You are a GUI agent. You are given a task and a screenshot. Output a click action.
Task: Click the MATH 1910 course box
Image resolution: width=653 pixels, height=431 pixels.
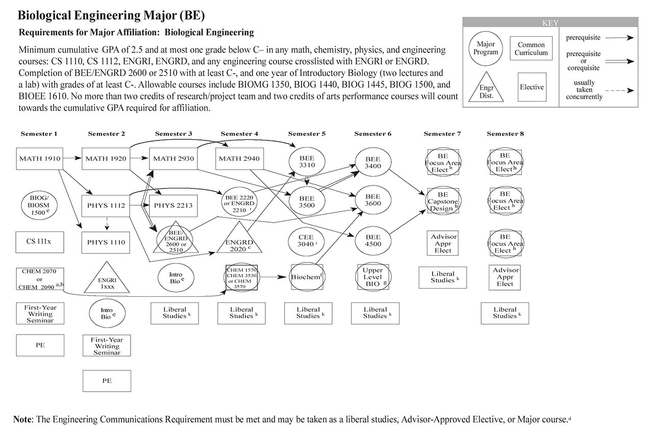pyautogui.click(x=40, y=159)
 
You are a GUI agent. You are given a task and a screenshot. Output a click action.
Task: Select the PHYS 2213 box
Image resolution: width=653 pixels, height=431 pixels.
pyautogui.click(x=173, y=206)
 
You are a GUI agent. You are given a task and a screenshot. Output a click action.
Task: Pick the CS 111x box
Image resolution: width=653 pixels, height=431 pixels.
pyautogui.click(x=40, y=242)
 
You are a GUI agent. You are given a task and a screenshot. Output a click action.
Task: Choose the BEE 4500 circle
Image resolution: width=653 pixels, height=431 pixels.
pyautogui.click(x=373, y=241)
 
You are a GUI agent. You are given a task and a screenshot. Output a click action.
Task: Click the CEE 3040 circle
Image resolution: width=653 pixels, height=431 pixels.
pyautogui.click(x=308, y=241)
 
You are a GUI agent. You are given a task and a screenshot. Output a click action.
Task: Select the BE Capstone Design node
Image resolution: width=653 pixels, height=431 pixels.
pyautogui.click(x=443, y=201)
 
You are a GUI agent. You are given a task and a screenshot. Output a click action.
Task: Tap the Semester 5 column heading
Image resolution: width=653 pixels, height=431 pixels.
pyautogui.click(x=307, y=134)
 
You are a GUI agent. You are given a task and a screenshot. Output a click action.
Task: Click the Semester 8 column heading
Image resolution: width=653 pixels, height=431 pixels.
pyautogui.click(x=506, y=134)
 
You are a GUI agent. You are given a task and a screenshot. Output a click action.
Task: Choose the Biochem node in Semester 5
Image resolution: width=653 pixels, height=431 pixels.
pyautogui.click(x=308, y=277)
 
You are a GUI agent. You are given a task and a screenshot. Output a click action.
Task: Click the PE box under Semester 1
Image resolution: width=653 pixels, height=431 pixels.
pyautogui.click(x=40, y=345)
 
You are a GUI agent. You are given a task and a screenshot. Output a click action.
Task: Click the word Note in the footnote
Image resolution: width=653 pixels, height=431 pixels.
pyautogui.click(x=22, y=419)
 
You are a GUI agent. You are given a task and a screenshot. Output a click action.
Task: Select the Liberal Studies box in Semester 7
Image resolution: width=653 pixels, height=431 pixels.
pyautogui.click(x=443, y=277)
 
